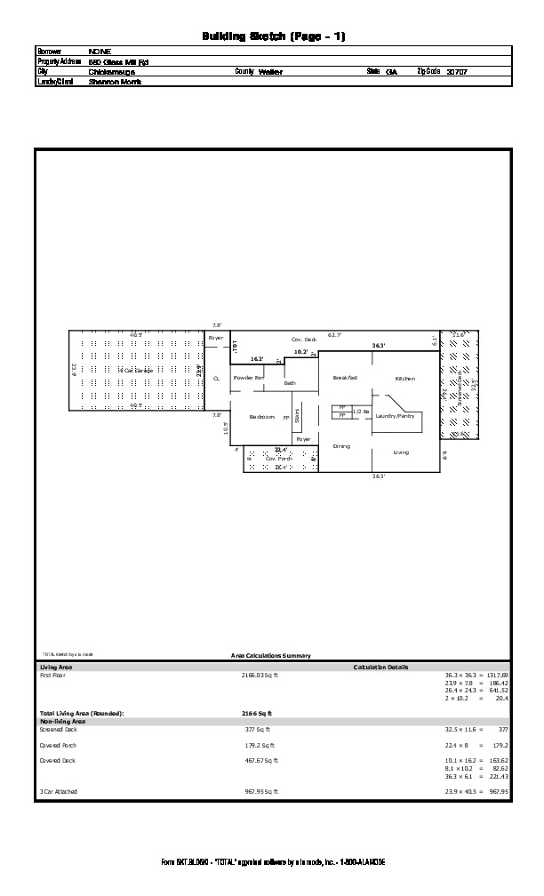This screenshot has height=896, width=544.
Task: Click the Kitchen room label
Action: (x=405, y=379)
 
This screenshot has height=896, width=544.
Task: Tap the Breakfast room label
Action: (x=345, y=378)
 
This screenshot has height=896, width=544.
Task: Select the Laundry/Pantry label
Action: (x=395, y=416)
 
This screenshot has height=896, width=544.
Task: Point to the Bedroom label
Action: (x=261, y=417)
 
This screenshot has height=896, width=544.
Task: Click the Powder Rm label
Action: (x=248, y=378)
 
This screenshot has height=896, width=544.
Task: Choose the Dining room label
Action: (x=341, y=446)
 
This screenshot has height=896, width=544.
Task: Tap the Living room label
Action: (x=401, y=452)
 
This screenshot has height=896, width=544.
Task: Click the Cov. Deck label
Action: (x=304, y=340)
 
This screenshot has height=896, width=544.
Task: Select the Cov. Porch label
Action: (x=279, y=459)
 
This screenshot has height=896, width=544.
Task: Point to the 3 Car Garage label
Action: (x=136, y=370)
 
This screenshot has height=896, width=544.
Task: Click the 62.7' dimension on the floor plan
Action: (x=334, y=335)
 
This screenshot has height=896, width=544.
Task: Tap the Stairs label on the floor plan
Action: (x=297, y=415)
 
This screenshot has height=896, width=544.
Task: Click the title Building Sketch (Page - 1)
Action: (x=273, y=36)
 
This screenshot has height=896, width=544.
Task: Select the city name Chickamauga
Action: (x=112, y=72)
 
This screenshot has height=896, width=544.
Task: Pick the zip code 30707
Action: (x=457, y=71)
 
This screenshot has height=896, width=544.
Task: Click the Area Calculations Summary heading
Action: (x=270, y=656)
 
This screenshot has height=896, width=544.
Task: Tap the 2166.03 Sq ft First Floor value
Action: (x=260, y=676)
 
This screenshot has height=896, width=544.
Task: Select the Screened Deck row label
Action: (x=59, y=729)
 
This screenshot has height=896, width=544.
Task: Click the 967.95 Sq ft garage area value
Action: (x=260, y=791)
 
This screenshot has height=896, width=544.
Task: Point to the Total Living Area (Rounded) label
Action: (x=82, y=714)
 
